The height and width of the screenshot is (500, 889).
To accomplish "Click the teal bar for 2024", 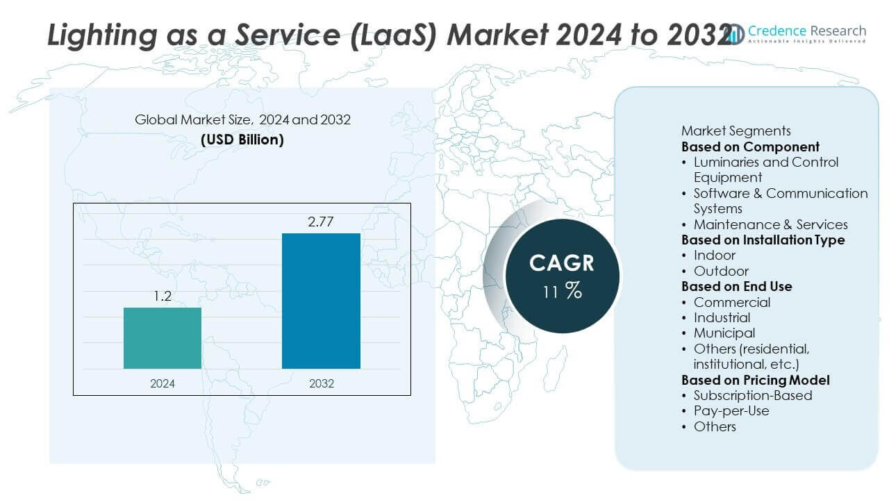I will [163, 337].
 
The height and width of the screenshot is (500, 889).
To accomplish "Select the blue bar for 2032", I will [321, 301].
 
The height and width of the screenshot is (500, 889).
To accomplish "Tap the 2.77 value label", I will [321, 222].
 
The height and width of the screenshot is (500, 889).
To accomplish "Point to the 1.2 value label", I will [163, 297].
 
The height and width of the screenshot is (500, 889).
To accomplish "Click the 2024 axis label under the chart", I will [163, 383].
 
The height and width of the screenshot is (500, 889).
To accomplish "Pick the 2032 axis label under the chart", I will [320, 383].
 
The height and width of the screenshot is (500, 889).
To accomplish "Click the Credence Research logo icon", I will [735, 33].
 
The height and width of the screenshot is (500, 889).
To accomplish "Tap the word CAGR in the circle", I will [562, 263].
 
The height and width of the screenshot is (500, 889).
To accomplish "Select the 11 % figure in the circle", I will [562, 290].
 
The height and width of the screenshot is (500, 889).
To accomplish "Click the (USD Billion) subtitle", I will [242, 139].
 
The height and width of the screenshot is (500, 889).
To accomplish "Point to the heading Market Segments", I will [736, 131].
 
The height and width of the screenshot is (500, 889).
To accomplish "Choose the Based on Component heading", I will [750, 147].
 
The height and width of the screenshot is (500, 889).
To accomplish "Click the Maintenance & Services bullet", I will [770, 224].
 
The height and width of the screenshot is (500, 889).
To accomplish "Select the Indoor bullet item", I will [714, 256].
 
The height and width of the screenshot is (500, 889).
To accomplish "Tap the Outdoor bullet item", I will [721, 271].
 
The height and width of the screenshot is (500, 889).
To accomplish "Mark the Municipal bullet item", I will [724, 333].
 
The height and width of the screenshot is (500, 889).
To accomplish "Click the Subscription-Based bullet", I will [752, 395].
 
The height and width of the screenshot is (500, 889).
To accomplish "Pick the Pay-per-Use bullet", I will [731, 410].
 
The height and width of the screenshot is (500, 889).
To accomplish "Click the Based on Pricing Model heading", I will [755, 380].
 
